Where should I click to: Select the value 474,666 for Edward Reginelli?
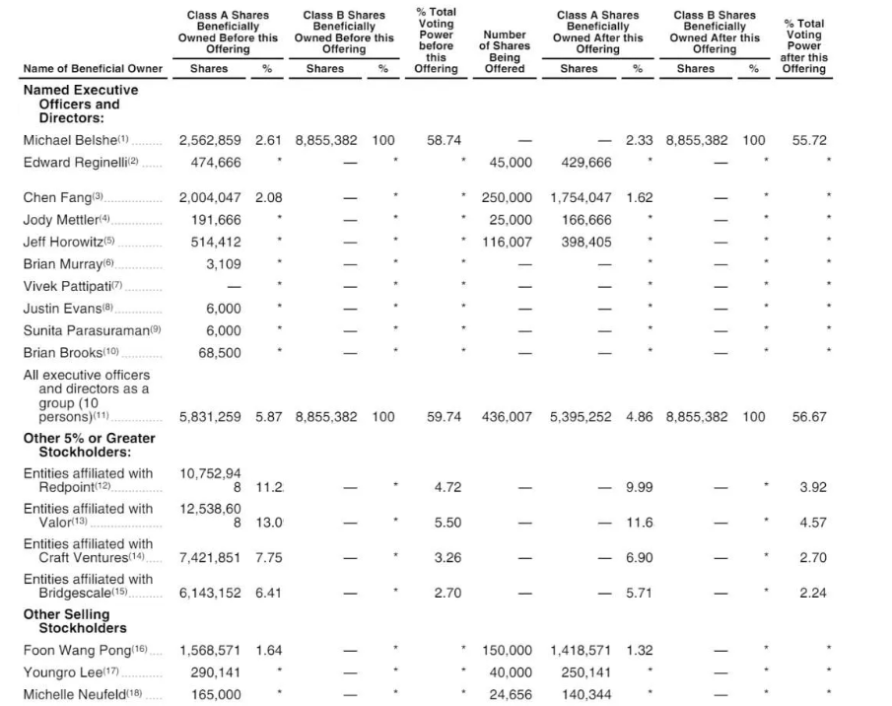215,162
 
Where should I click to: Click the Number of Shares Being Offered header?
504,51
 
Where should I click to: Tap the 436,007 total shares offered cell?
506,417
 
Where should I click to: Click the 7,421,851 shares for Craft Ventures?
210,558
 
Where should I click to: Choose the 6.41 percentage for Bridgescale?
268,594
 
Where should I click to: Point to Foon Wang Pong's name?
78,651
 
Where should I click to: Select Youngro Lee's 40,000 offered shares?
511,672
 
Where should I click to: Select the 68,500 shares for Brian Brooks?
219,352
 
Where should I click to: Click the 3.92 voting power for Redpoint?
812,487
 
